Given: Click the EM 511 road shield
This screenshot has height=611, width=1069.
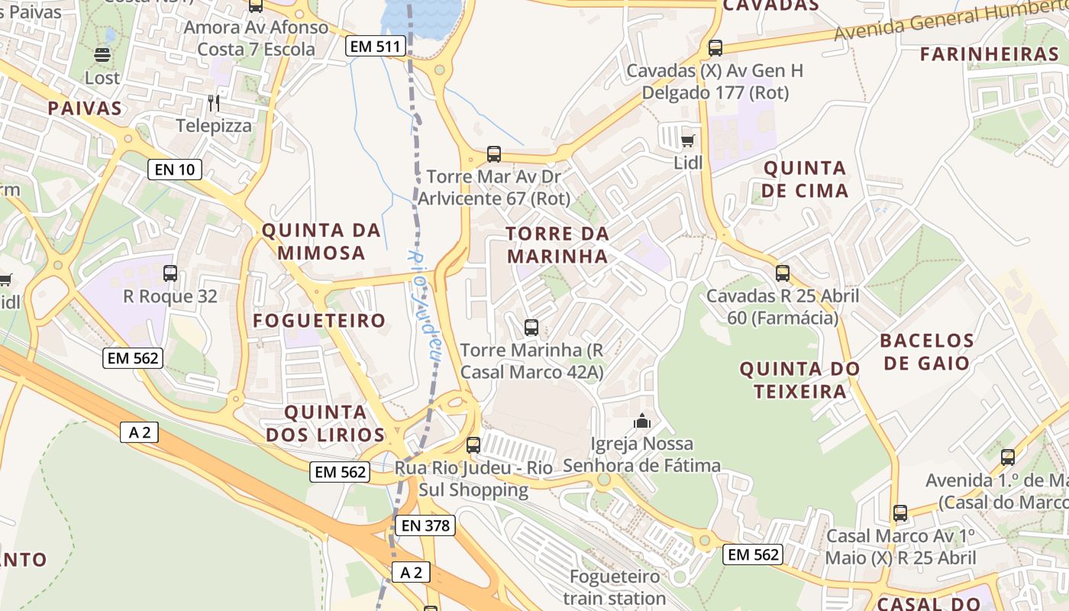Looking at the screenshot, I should [x=374, y=47].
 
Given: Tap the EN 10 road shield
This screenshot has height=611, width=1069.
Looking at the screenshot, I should [x=175, y=170].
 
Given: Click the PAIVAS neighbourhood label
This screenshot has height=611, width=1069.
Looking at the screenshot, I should [x=85, y=108].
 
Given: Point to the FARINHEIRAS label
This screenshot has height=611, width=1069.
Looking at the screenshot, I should [x=989, y=54].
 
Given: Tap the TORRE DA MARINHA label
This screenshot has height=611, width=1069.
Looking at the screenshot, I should [x=558, y=244].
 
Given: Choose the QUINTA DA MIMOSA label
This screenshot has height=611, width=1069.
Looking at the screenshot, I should [x=321, y=241].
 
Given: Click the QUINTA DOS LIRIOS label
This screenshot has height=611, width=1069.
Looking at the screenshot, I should [x=334, y=424].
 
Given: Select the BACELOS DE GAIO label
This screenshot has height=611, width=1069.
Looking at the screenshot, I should [x=927, y=351].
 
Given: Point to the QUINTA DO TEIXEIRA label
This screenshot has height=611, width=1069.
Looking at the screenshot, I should [x=800, y=380].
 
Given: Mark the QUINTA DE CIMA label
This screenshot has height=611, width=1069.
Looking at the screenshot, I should [x=805, y=179].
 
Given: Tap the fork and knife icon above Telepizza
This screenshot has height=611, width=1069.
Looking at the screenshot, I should [x=214, y=102].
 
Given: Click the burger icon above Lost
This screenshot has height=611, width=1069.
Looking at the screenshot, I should [x=102, y=55].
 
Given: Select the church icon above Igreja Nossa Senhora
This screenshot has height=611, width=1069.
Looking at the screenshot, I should [x=642, y=421].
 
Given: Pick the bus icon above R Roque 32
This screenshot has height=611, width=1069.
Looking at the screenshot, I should [x=170, y=273].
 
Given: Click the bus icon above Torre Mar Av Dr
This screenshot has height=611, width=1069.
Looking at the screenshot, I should [x=494, y=154].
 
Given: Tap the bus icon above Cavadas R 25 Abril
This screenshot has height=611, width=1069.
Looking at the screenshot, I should [x=783, y=273].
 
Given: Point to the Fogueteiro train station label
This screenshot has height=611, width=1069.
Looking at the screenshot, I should [x=615, y=587].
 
